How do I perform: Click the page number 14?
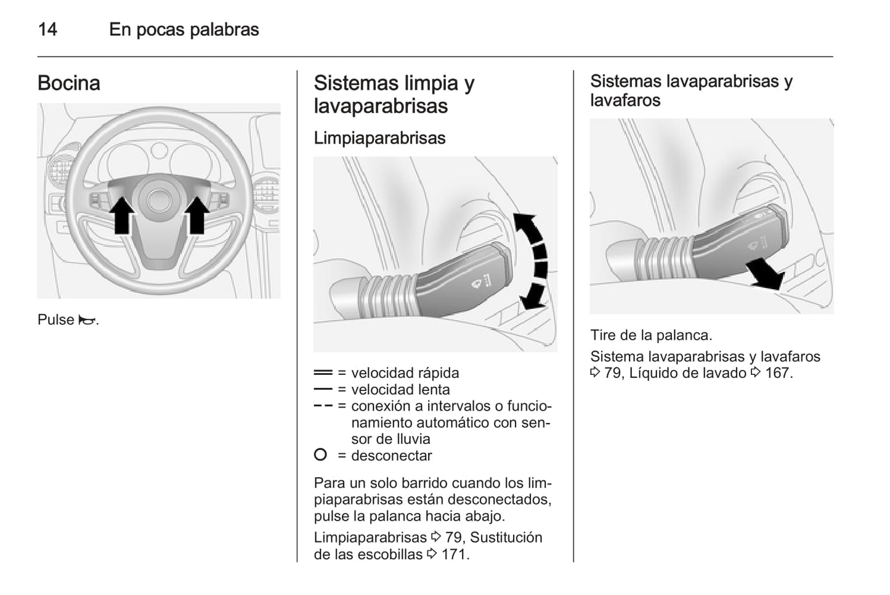point(47,30)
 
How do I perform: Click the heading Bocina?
point(68,83)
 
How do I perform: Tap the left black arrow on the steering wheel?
point(123,215)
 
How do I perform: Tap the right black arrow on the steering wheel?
point(197,215)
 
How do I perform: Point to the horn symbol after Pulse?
point(87,320)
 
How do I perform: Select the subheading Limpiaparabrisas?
point(379,138)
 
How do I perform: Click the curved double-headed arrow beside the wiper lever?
point(533,261)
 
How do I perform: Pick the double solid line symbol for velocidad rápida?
point(323,373)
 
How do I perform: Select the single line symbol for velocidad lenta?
point(323,390)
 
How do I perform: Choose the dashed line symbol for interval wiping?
point(323,406)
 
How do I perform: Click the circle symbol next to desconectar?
point(320,455)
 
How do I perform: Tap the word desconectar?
point(392,456)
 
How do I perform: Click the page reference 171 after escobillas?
point(455,554)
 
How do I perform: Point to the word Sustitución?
point(506,538)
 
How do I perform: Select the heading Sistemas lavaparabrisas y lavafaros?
point(691,91)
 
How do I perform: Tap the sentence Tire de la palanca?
point(651,335)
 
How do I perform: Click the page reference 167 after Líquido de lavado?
point(778,373)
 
